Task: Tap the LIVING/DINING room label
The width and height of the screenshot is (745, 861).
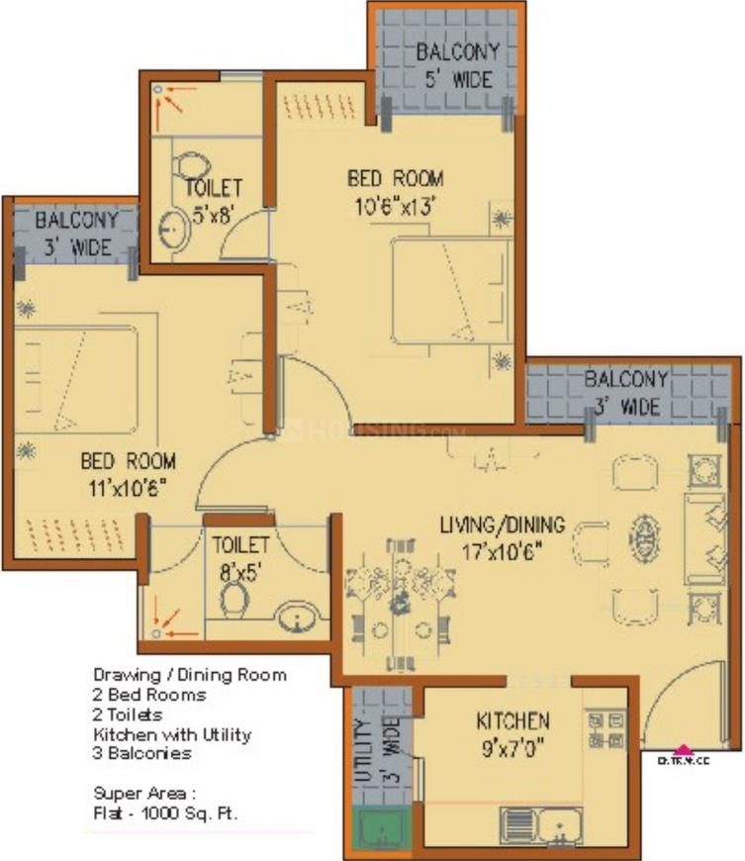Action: (x=502, y=524)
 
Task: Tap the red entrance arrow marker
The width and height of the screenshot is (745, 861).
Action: (x=683, y=748)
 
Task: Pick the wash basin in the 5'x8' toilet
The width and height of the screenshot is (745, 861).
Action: (x=174, y=230)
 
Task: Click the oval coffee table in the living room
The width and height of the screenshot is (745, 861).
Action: (x=643, y=537)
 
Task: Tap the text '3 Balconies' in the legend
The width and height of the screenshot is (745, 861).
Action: (x=142, y=753)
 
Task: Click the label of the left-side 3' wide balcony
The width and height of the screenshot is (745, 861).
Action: (x=76, y=233)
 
